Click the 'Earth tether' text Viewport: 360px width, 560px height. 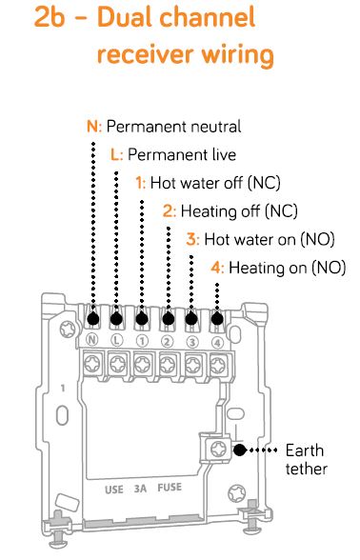tap(307, 459)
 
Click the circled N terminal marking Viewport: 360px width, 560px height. tap(92, 339)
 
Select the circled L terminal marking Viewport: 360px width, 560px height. tap(116, 339)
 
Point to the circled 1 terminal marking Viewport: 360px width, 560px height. tap(142, 339)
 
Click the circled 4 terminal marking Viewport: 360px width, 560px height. tap(217, 339)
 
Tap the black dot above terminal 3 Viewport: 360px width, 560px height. tap(192, 319)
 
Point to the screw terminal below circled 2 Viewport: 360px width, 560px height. tap(168, 362)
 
